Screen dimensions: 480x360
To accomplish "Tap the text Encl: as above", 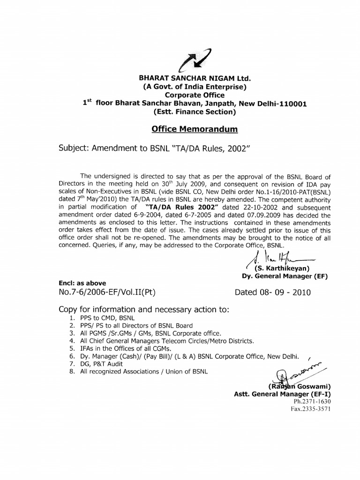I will coord(82,283).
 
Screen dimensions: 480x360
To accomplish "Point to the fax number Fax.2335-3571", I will coord(311,409).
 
